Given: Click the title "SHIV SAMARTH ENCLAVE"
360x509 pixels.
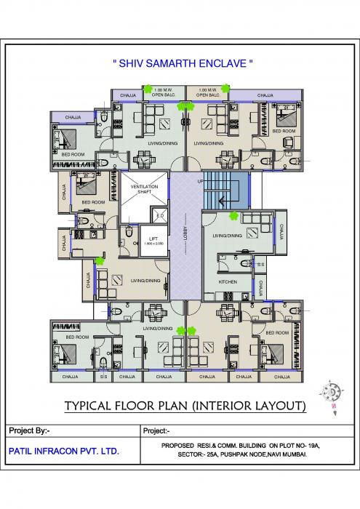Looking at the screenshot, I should [183, 64].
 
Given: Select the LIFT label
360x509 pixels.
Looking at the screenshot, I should [153, 239].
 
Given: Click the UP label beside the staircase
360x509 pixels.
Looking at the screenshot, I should [200, 181].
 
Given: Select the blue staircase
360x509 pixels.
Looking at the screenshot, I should [225, 190].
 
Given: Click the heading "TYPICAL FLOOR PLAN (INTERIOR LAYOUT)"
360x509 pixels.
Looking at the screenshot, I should [184, 405].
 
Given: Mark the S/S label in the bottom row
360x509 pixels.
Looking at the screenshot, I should [104, 377].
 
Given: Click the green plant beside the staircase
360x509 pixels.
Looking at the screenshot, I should [233, 216].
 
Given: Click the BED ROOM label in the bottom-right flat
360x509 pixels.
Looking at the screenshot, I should [277, 332].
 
